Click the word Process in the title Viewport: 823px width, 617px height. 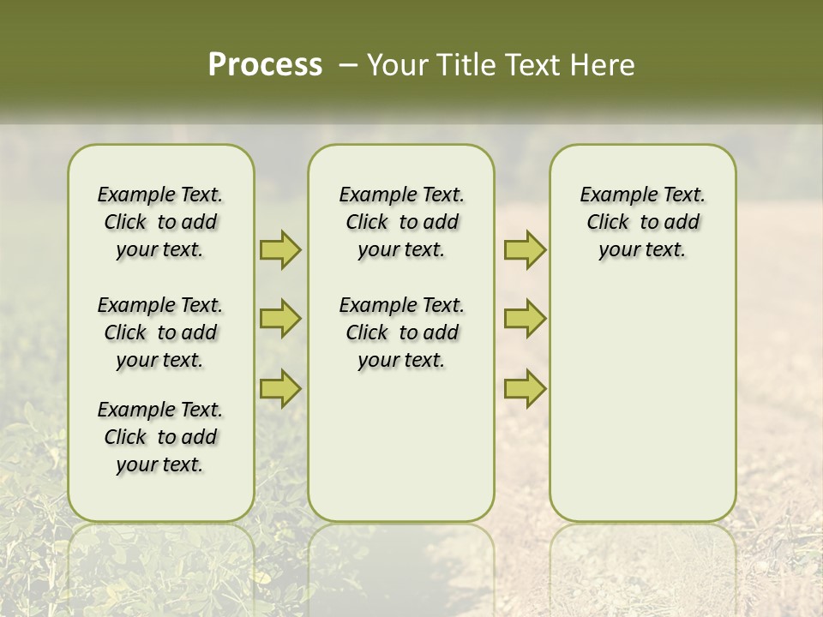tap(265, 65)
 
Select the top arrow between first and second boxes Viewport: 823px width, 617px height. tap(280, 249)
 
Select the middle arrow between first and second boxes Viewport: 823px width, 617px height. tap(280, 319)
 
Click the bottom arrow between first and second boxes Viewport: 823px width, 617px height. tap(280, 389)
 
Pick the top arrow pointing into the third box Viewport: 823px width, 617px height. tap(525, 249)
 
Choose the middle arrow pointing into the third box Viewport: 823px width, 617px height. tap(525, 319)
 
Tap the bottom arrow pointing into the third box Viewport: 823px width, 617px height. tap(525, 389)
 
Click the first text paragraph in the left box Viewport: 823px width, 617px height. tap(160, 222)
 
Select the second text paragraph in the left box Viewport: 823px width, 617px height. tap(160, 332)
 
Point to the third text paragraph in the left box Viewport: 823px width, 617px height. tap(160, 437)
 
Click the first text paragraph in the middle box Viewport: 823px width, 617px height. tap(401, 222)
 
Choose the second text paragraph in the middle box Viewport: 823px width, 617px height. tap(401, 332)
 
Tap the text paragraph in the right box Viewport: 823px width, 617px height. tap(642, 222)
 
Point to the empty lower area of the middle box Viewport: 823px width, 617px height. tap(401, 446)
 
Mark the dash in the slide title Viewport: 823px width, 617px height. tap(348, 65)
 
